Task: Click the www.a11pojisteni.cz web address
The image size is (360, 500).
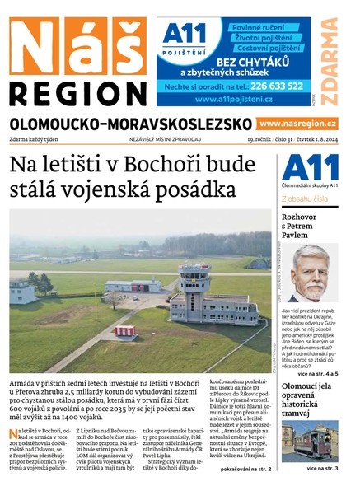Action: click(x=235, y=100)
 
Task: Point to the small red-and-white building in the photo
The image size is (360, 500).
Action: click(x=127, y=331)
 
